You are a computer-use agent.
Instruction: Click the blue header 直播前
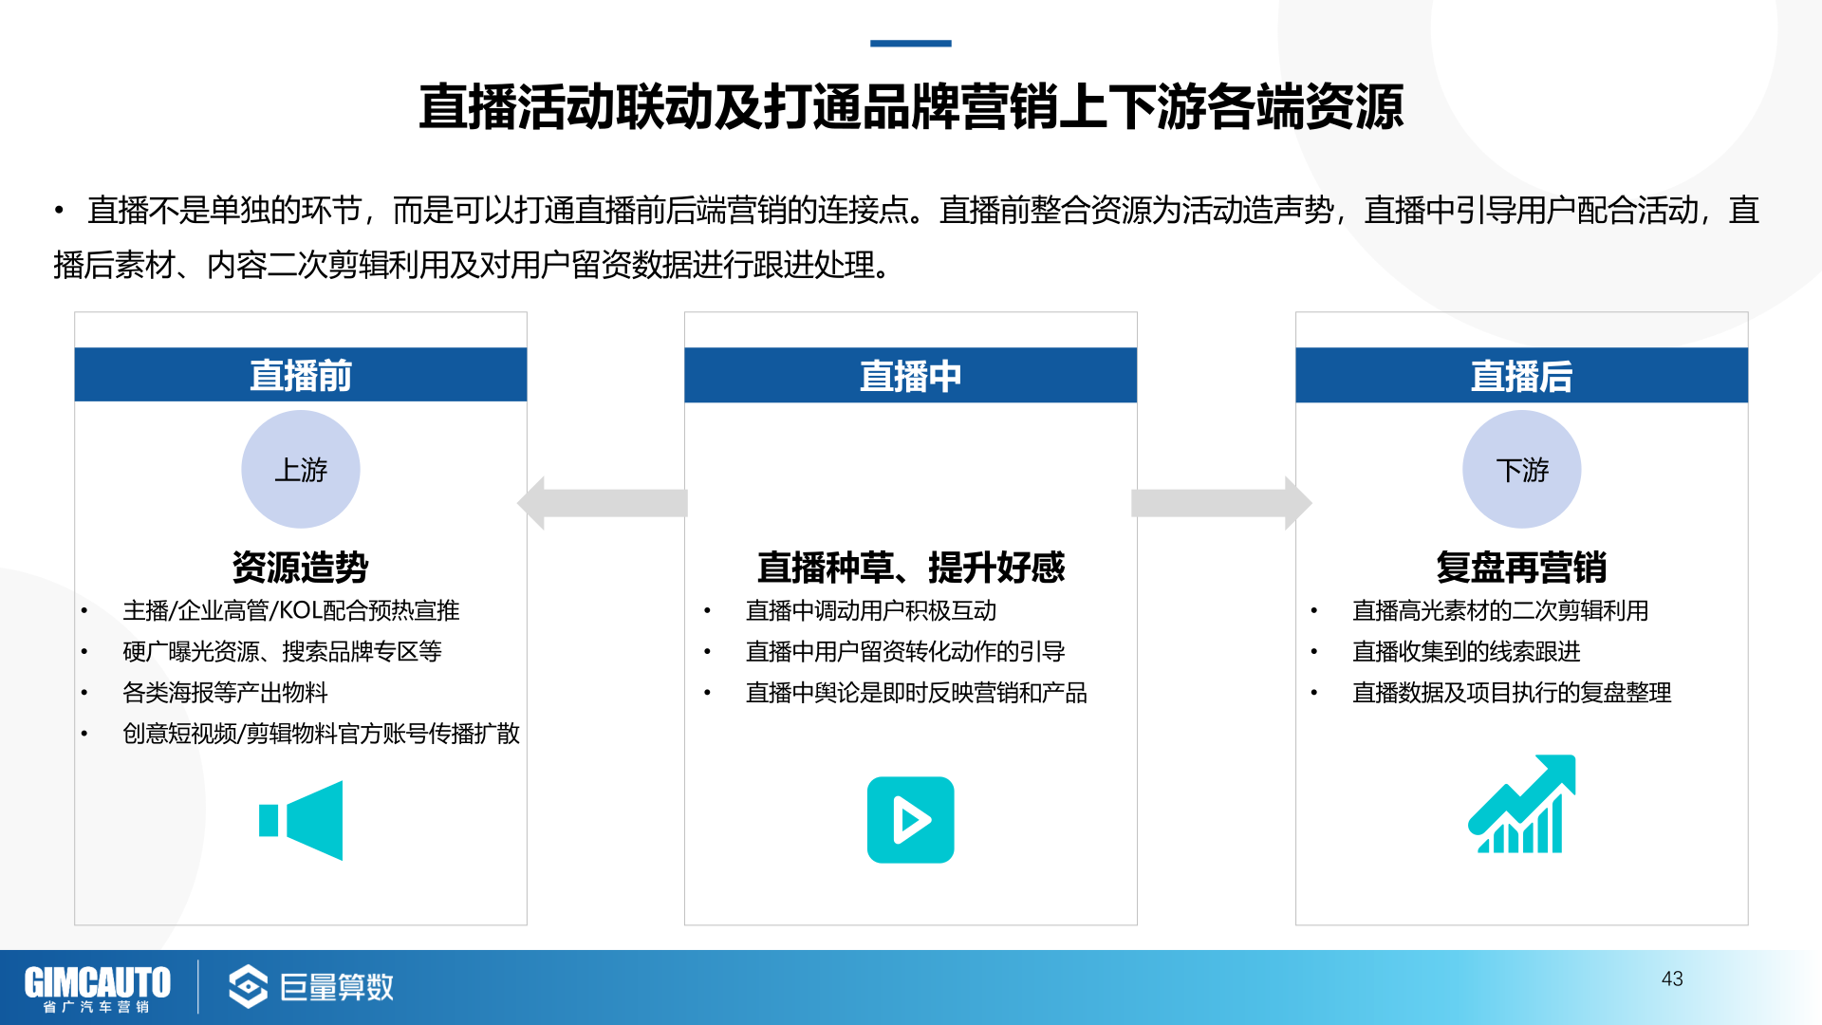click(x=301, y=375)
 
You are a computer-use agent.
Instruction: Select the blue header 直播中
click(x=911, y=376)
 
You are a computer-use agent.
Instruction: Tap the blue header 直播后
click(x=1521, y=376)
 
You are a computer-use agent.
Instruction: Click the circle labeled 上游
click(x=301, y=469)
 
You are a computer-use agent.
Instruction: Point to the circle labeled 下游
click(x=1522, y=469)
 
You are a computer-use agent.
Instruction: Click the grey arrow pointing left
click(x=603, y=503)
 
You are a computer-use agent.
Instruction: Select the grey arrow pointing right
click(x=1221, y=503)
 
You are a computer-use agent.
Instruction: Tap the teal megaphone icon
click(x=301, y=821)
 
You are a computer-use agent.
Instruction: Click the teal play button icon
click(x=911, y=820)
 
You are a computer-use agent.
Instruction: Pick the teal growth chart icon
click(x=1522, y=804)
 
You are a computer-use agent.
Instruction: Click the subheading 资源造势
click(x=301, y=568)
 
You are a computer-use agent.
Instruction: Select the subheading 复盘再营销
click(x=1521, y=568)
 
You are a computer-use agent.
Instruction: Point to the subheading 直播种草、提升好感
click(x=911, y=568)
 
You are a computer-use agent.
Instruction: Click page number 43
click(x=1672, y=978)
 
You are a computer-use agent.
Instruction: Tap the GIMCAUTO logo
click(x=97, y=988)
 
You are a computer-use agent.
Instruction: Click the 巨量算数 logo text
click(x=337, y=987)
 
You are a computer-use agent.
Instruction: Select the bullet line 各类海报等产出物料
click(x=225, y=693)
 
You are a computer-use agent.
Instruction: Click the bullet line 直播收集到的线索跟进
click(x=1466, y=651)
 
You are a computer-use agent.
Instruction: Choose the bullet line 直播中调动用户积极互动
click(x=871, y=610)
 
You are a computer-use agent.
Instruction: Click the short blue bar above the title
click(x=911, y=44)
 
